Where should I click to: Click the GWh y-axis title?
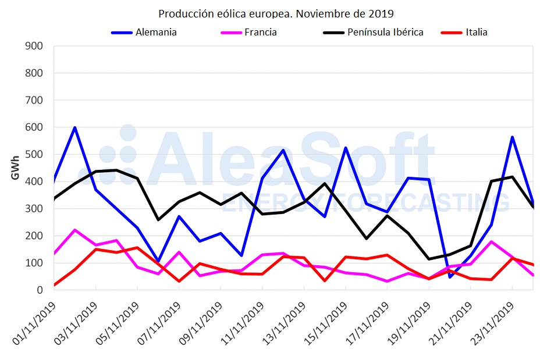[16, 168]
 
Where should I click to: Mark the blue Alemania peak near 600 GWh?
[75, 128]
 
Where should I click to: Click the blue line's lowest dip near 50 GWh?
[450, 277]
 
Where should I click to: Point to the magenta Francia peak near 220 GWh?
[75, 230]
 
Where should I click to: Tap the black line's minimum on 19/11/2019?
[429, 259]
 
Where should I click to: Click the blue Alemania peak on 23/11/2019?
[512, 137]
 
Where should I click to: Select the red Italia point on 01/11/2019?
[55, 285]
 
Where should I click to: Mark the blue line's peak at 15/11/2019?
[346, 148]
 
